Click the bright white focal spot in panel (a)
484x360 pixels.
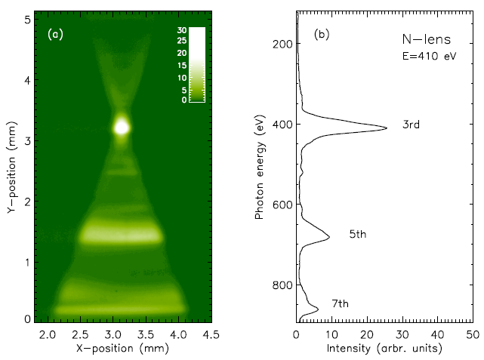[x=122, y=127]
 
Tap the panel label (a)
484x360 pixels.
[x=55, y=34]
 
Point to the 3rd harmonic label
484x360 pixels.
[x=411, y=125]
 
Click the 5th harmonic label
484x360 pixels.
[x=357, y=235]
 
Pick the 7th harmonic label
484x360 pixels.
[x=340, y=303]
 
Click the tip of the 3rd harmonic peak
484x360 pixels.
[x=387, y=128]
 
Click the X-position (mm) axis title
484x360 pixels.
[x=121, y=349]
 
